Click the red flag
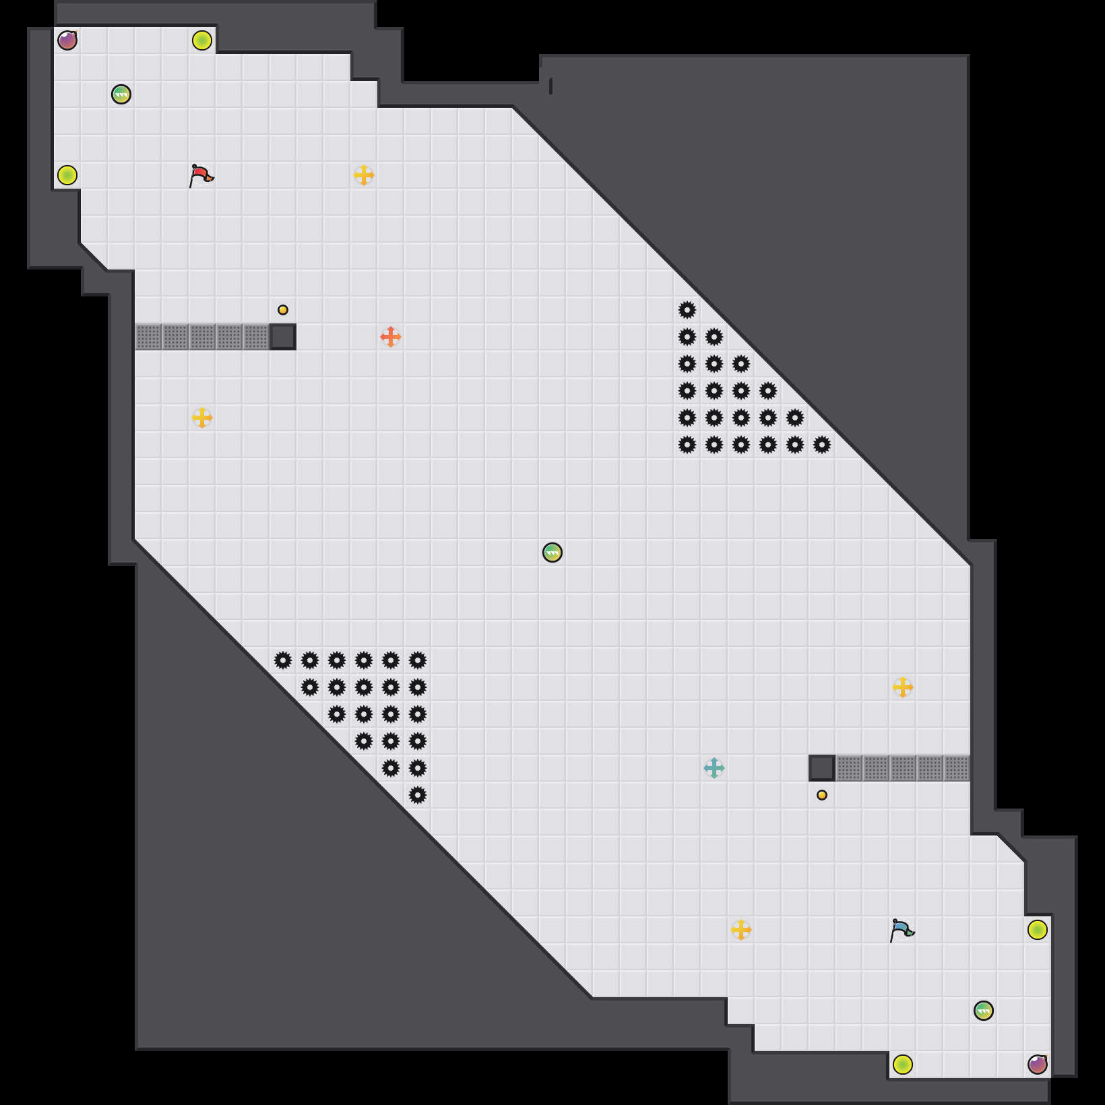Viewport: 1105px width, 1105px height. tap(201, 175)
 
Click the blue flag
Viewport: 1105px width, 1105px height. tap(902, 930)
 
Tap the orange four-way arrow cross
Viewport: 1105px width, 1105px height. tap(391, 336)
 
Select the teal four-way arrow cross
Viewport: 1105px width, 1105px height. tap(714, 768)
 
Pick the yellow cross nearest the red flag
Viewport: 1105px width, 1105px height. tap(364, 175)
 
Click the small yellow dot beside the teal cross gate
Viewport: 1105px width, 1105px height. tap(822, 795)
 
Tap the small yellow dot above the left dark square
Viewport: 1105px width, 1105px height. tap(283, 310)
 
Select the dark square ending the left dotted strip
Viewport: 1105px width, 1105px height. tap(283, 337)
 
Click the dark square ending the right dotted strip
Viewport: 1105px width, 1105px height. tap(822, 768)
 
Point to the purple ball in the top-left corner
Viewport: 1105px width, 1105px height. tap(67, 40)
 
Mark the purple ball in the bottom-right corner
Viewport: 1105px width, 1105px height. tap(1038, 1065)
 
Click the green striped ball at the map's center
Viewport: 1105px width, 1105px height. tap(552, 552)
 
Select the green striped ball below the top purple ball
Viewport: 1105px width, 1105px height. tap(121, 94)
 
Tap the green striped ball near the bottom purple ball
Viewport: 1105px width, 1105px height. tap(984, 1011)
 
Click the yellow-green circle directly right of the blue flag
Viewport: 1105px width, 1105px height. tap(1038, 930)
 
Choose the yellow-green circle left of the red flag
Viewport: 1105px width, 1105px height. tap(67, 175)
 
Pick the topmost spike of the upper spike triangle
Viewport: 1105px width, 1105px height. tap(687, 310)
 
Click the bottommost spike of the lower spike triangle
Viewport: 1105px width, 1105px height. tap(418, 795)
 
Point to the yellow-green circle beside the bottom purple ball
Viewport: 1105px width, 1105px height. tap(903, 1065)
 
